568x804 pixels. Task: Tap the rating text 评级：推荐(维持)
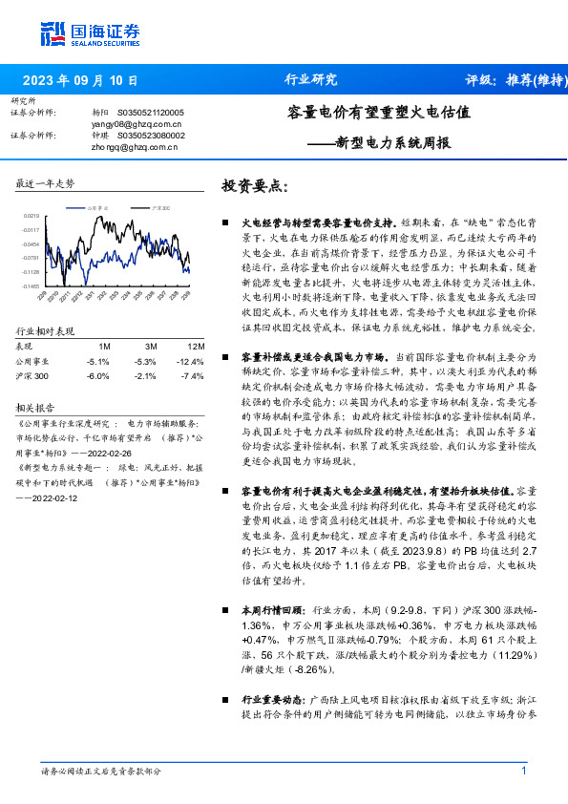(512, 80)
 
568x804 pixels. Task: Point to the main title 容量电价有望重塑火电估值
(379, 112)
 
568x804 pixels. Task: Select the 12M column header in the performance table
(196, 345)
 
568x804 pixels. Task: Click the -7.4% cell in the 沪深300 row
(193, 376)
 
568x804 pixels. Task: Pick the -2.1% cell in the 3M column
(145, 376)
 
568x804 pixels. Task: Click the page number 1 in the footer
(524, 771)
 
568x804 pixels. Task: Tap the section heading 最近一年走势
(46, 182)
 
